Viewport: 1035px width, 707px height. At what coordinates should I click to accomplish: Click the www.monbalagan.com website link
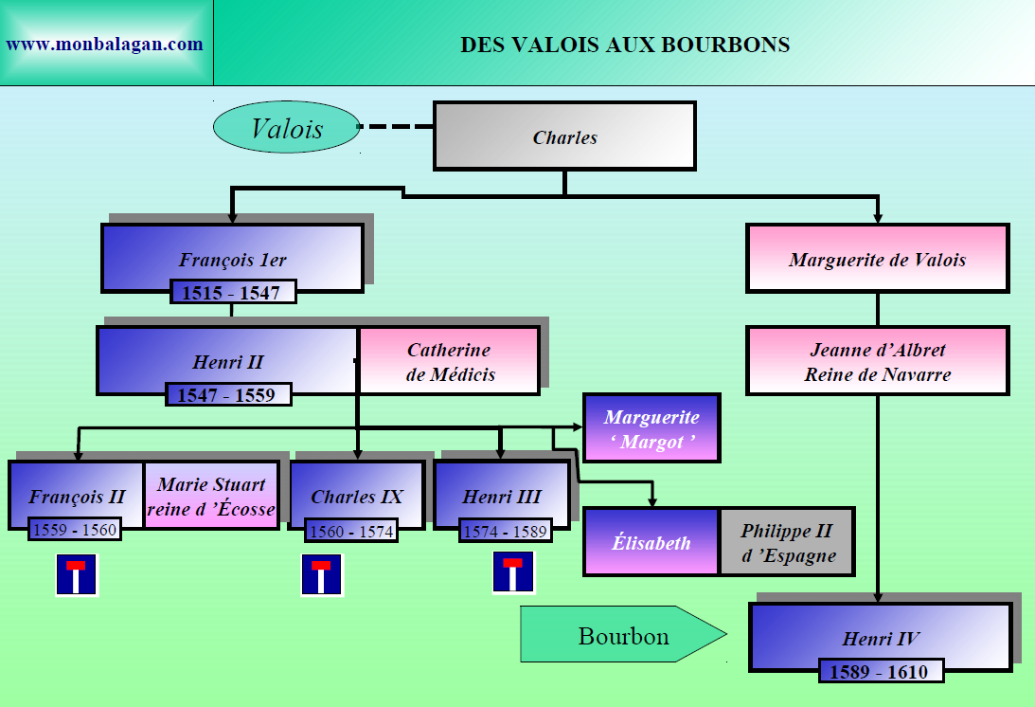click(x=104, y=44)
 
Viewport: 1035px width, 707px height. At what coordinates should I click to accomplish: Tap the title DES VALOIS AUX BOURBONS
click(x=625, y=45)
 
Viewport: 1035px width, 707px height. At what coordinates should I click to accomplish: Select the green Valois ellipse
click(x=286, y=129)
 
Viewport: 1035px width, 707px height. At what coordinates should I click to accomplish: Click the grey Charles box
click(x=564, y=136)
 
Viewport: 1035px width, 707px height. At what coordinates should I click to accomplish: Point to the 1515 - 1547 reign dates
click(x=233, y=292)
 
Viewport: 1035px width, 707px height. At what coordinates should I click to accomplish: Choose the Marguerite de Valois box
click(x=877, y=259)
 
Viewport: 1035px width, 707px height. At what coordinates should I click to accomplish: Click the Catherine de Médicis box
click(x=450, y=361)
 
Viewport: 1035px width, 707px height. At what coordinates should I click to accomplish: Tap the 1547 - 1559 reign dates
click(x=227, y=394)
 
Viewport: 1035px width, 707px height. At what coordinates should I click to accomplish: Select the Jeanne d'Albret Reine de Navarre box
click(x=877, y=361)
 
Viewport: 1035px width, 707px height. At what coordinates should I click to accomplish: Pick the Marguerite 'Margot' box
click(x=651, y=428)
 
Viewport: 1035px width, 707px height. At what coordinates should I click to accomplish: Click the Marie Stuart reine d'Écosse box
click(x=211, y=497)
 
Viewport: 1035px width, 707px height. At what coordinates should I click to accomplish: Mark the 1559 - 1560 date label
click(x=75, y=530)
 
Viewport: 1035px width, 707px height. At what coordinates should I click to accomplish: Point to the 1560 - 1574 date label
click(x=351, y=531)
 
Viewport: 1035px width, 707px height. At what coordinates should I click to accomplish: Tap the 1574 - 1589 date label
click(x=505, y=531)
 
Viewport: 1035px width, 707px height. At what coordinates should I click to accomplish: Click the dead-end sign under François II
click(x=76, y=575)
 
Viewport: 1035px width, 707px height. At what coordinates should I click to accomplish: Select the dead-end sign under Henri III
click(x=512, y=572)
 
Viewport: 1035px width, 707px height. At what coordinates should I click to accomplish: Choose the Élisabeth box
click(x=651, y=542)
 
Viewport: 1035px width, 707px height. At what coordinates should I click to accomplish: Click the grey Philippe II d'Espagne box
click(x=787, y=542)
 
